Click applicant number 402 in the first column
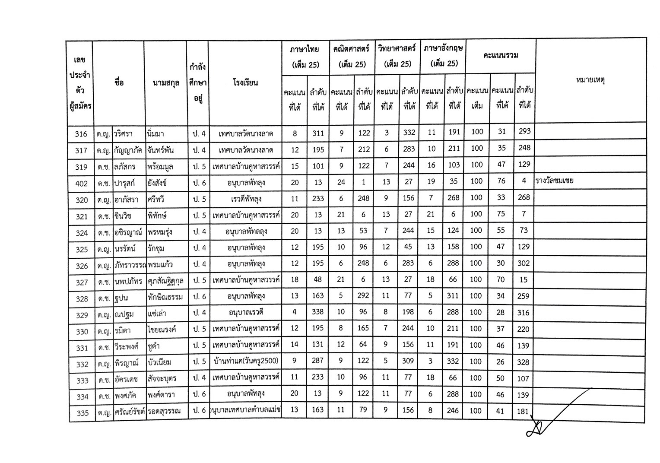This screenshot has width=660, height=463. pos(81,184)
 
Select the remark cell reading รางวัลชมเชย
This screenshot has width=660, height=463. pos(554,181)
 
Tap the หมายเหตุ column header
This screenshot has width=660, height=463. pos(590,80)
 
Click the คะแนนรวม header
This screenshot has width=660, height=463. pos(501,56)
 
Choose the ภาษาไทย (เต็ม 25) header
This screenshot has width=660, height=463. pos(305,57)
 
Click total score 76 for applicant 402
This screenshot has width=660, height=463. pos(501,181)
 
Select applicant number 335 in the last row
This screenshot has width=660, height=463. pos(82,413)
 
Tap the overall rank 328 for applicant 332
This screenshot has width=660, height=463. pos(523,362)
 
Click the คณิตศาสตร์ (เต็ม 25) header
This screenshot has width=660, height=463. pos(352,57)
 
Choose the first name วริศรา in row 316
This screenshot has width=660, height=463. pos(124,134)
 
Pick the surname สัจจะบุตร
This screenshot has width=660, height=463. pos(161,379)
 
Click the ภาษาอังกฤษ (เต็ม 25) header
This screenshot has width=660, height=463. pos(443,56)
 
